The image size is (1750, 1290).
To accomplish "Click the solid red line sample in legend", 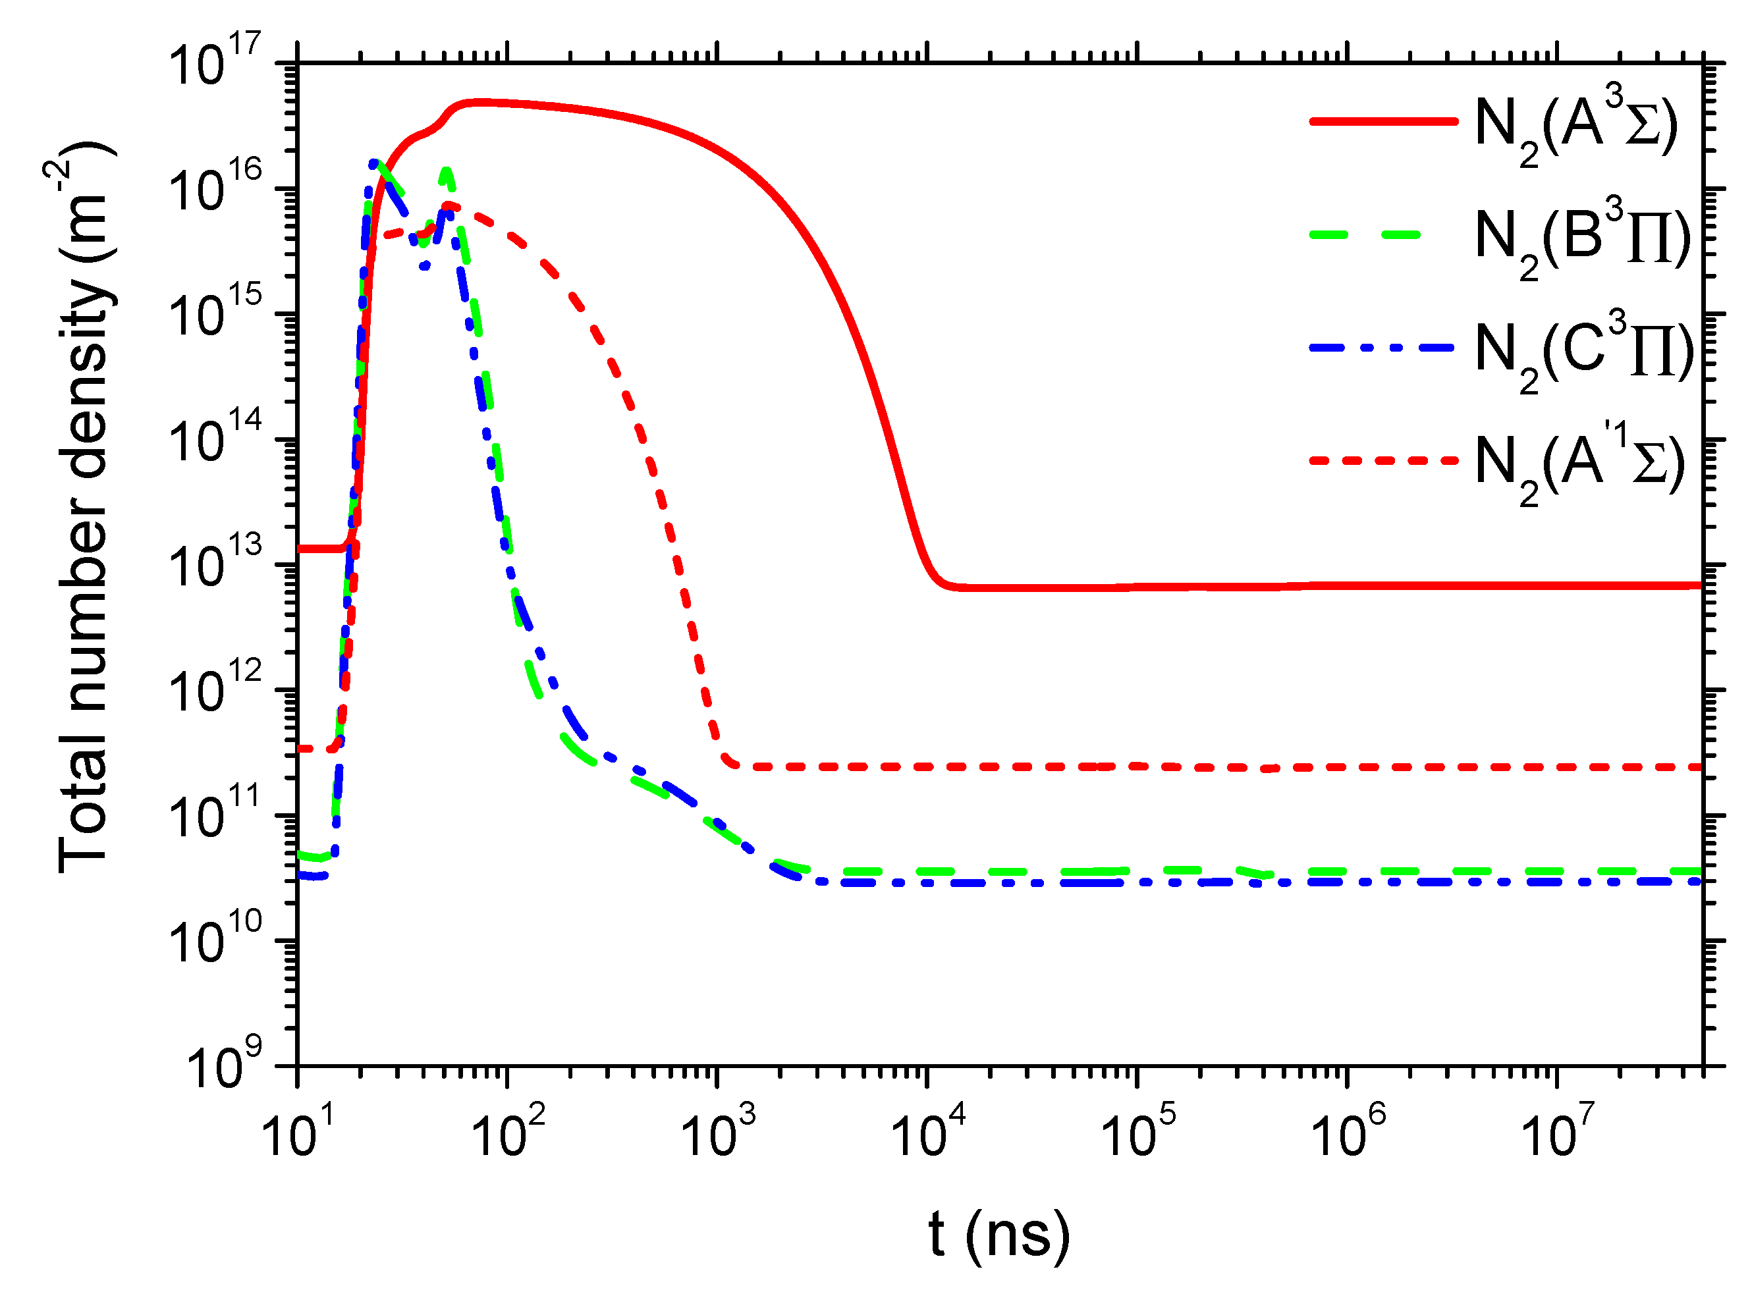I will [1382, 121].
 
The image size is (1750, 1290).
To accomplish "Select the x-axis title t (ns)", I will [998, 1234].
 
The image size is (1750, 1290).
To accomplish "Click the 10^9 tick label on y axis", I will [223, 1067].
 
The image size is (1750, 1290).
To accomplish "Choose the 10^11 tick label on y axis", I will [215, 817].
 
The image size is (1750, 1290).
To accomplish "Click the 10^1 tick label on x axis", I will [298, 1132].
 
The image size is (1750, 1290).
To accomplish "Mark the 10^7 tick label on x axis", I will [1557, 1132].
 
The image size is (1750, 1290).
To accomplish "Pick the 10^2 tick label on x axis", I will [508, 1132].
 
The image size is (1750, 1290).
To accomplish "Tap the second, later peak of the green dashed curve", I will [446, 171].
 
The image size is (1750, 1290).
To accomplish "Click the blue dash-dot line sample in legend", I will [1382, 348].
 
